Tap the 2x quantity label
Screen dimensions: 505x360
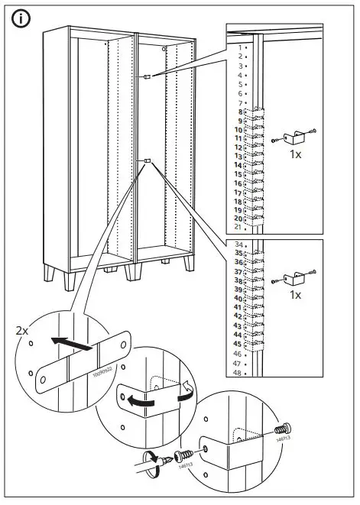22,331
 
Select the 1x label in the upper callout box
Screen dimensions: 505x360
297,153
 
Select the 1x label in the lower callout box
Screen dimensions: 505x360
297,294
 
